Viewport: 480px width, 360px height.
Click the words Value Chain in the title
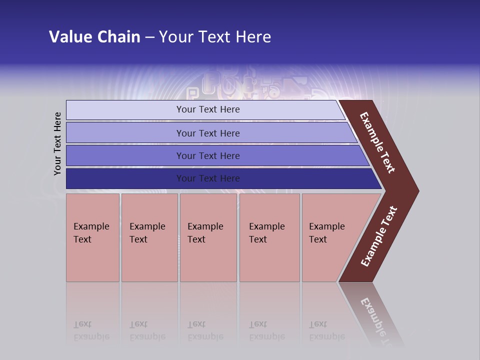coord(94,37)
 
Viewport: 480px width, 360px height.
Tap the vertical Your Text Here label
coord(57,143)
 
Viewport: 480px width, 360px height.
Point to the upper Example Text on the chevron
coord(377,142)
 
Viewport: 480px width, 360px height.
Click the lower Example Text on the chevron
coord(379,236)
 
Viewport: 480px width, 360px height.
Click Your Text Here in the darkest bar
coord(208,178)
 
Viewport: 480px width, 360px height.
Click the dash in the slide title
coord(149,37)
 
